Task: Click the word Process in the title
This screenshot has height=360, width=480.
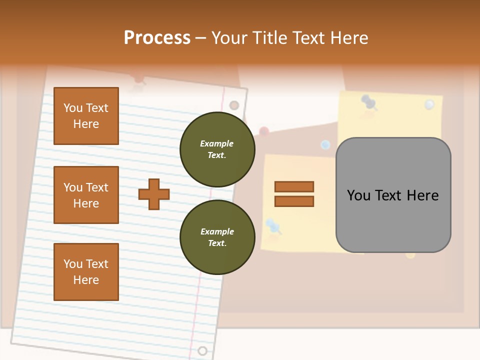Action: [157, 37]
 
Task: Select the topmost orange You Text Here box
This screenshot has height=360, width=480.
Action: [86, 116]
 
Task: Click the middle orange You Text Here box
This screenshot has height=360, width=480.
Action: [86, 195]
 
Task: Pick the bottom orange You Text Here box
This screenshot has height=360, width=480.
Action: [86, 272]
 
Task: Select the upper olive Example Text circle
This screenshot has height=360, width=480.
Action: [217, 149]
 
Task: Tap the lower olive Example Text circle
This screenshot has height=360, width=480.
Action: [217, 237]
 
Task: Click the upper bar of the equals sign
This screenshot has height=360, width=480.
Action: [294, 187]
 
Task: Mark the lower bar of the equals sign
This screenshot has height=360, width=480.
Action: [294, 201]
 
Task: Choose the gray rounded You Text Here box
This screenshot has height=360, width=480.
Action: [393, 195]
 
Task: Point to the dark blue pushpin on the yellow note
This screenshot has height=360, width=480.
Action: [369, 102]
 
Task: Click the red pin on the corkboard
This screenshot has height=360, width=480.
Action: [264, 131]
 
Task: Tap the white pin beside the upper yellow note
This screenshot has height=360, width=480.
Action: [429, 104]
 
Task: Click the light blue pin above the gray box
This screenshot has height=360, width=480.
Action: [325, 145]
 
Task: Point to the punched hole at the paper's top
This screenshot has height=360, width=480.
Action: [234, 105]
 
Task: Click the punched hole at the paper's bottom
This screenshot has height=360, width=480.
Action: [202, 350]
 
